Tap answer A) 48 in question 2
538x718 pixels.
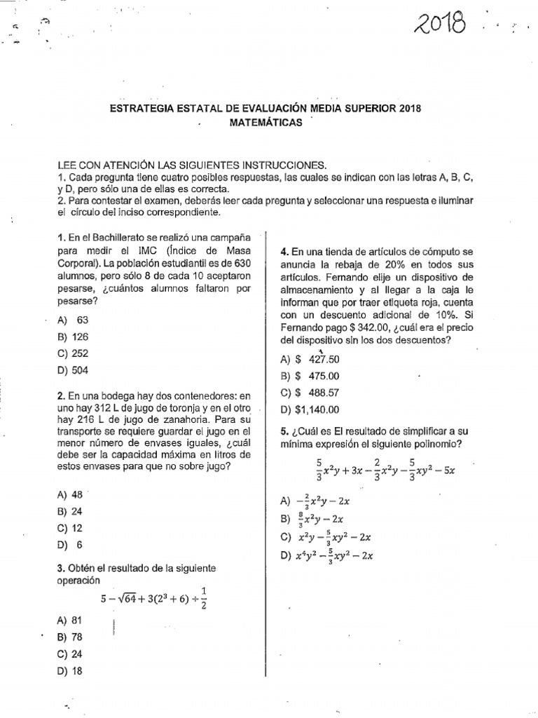pyautogui.click(x=71, y=494)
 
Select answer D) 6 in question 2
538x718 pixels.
pyautogui.click(x=71, y=544)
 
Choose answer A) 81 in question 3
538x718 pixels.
pyautogui.click(x=71, y=620)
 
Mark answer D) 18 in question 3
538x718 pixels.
pyautogui.click(x=71, y=670)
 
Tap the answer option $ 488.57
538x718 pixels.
pyautogui.click(x=309, y=393)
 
